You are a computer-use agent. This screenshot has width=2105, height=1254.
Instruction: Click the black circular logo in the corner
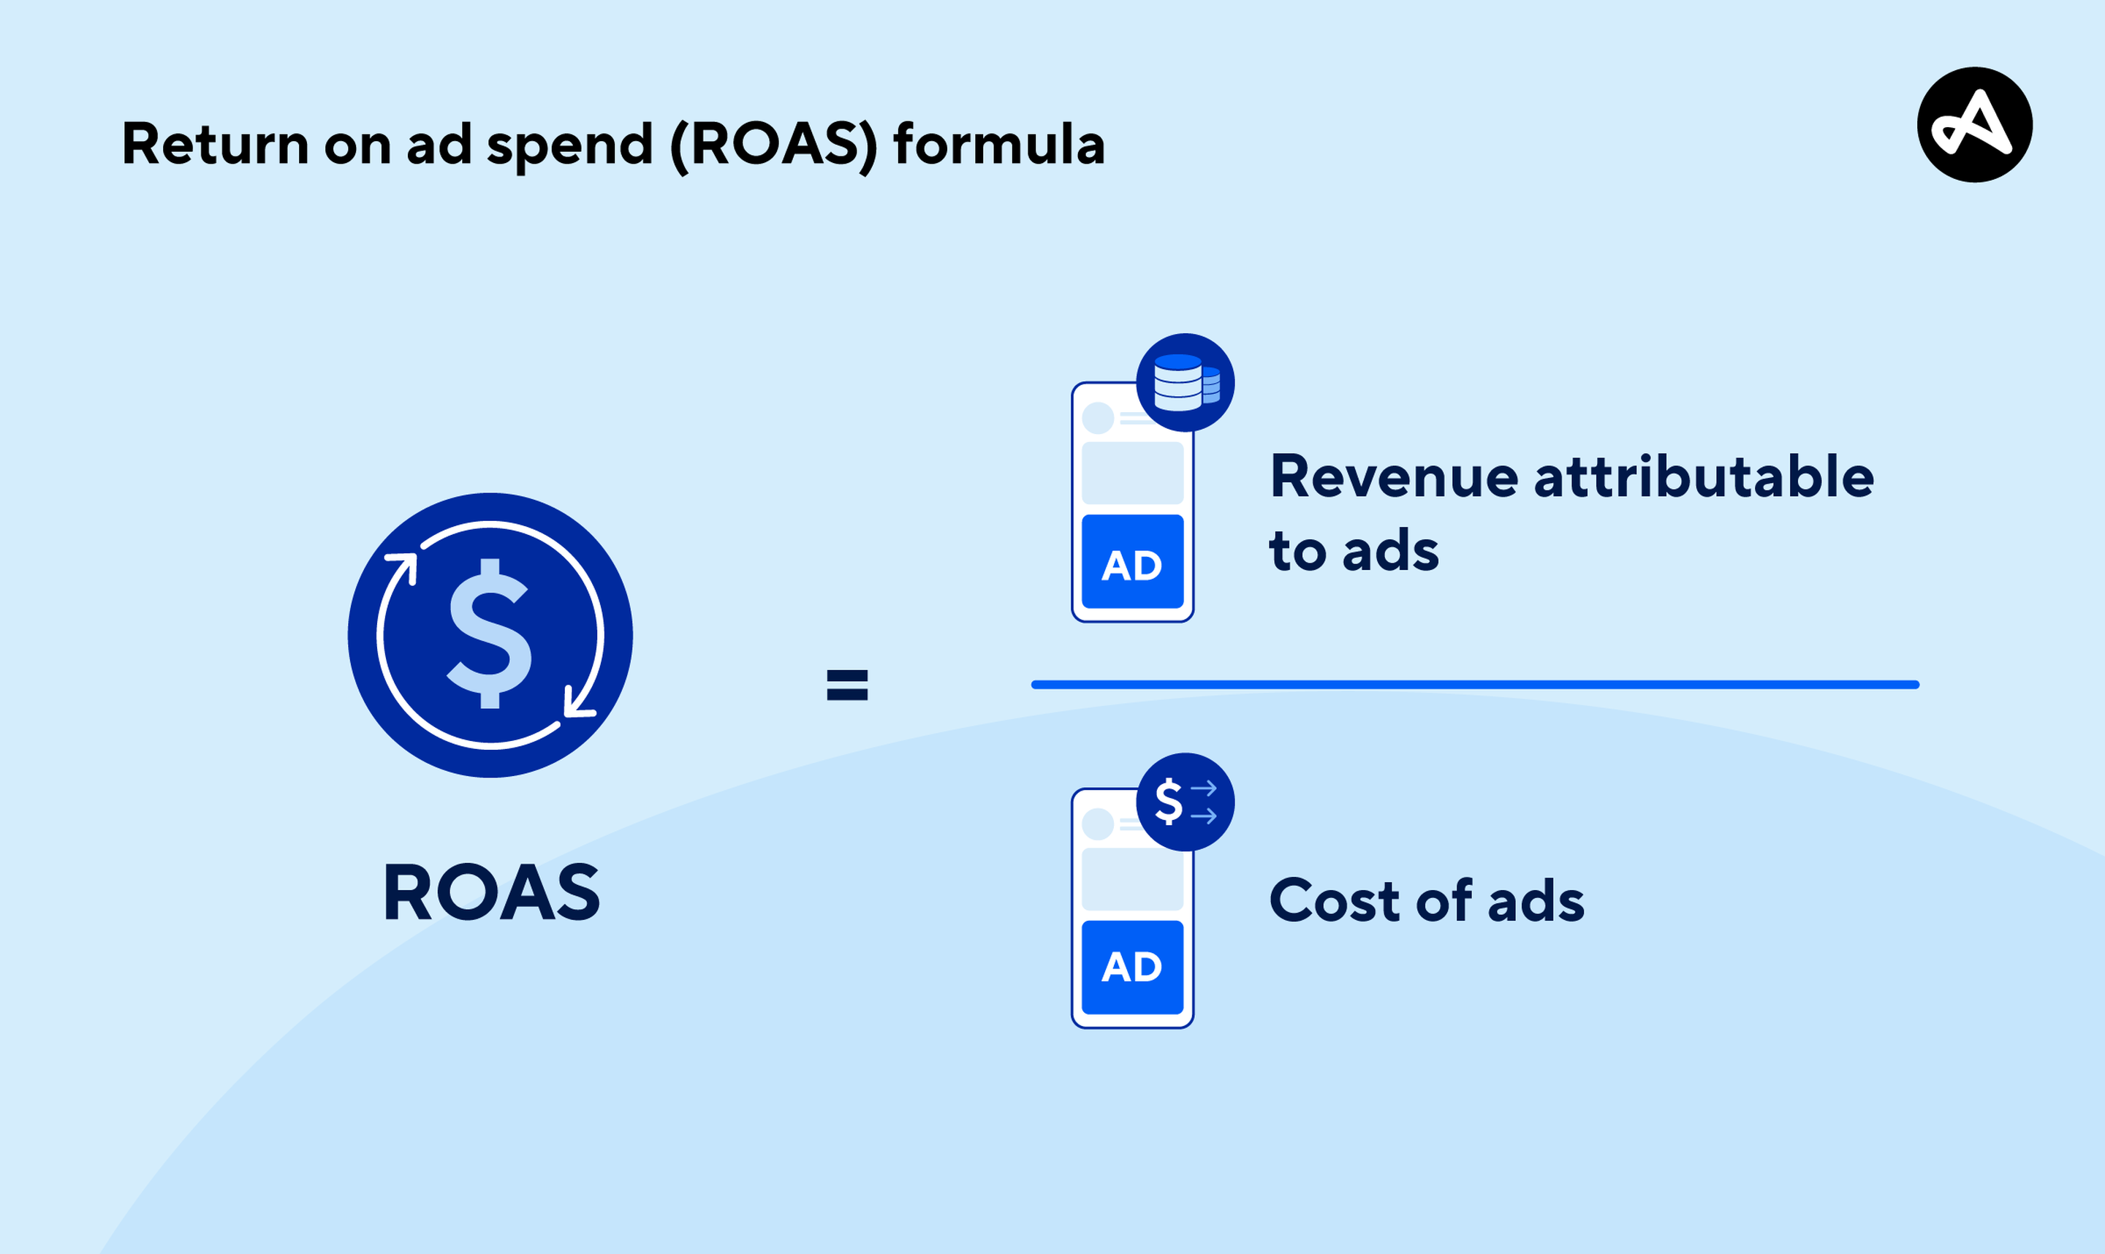coord(1974,125)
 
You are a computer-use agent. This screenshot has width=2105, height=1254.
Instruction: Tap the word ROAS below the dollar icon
coord(491,893)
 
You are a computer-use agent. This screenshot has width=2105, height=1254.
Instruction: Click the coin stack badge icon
coord(1185,383)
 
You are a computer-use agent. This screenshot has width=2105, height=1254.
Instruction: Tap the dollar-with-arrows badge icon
coord(1185,802)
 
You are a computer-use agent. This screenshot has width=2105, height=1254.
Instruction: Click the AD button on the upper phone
coord(1132,562)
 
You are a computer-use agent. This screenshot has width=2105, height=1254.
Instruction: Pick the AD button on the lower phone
coord(1132,967)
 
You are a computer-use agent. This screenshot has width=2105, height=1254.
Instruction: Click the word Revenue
coord(1395,477)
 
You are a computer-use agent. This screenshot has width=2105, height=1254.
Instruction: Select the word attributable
coord(1704,477)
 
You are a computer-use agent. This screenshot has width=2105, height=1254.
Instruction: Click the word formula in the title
coord(999,145)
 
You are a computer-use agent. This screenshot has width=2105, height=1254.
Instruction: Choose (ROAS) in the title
coord(773,145)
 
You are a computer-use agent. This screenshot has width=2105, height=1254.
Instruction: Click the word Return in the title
coord(216,145)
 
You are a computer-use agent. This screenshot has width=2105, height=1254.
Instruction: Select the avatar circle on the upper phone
coord(1098,418)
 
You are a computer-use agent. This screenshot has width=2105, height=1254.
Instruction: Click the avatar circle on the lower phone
coord(1098,824)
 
